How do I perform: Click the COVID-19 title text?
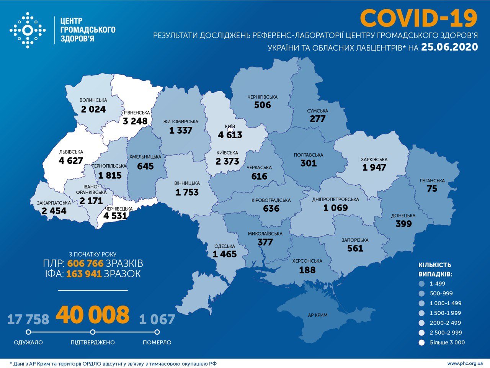(419, 18)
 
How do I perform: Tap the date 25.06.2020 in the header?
(449, 47)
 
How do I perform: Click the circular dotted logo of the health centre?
(28, 30)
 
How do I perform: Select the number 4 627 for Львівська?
(71, 160)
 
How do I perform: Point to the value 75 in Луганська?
(432, 188)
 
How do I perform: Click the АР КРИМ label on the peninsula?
(318, 315)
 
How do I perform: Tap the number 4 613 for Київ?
(230, 135)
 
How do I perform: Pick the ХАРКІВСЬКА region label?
(374, 159)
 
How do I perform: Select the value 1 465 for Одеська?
(225, 254)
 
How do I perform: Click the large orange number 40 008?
(93, 315)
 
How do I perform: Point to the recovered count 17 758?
(28, 319)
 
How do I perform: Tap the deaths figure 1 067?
(157, 319)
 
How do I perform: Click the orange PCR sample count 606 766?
(85, 263)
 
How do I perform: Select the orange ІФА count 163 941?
(84, 274)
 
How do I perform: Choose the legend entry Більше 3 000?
(447, 342)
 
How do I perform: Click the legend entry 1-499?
(437, 284)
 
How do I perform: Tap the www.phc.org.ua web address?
(465, 363)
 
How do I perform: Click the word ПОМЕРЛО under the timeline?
(157, 342)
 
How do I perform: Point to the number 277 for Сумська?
(317, 119)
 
